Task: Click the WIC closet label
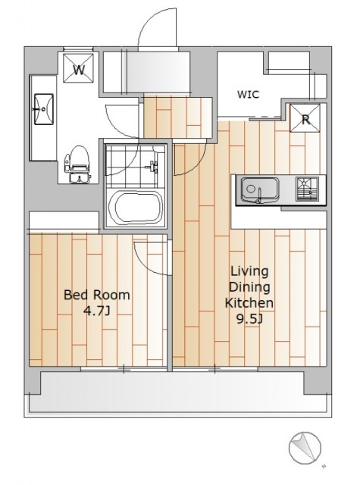[x=248, y=94]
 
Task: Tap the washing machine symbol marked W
[x=78, y=68]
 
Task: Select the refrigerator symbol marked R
[x=305, y=118]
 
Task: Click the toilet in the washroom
[x=77, y=164]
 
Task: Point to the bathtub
[x=135, y=207]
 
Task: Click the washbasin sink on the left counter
[x=43, y=109]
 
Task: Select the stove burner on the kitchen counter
[x=307, y=189]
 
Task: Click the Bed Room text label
[x=97, y=295]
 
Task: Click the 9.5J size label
[x=249, y=318]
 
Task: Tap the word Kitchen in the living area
[x=249, y=303]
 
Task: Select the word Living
[x=249, y=272]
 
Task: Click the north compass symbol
[x=305, y=448]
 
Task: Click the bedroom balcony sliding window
[x=124, y=369]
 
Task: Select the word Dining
[x=249, y=287]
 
